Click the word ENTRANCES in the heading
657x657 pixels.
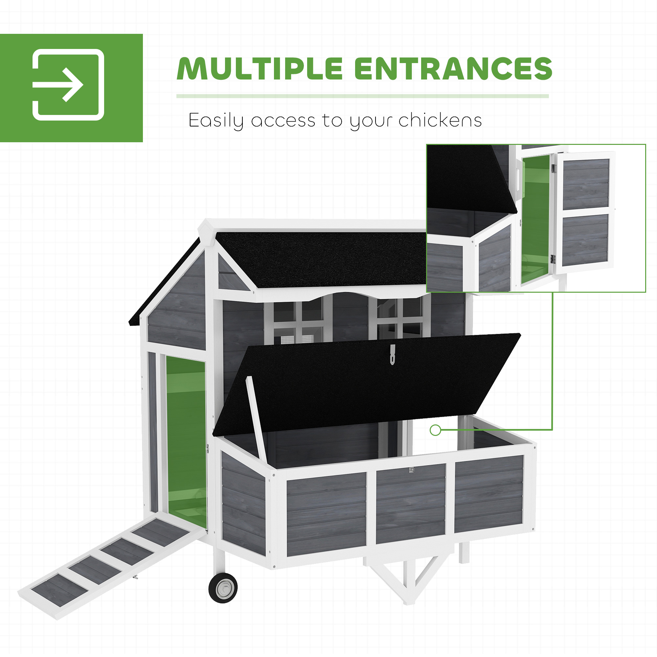tap(453, 69)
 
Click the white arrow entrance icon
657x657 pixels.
tap(68, 85)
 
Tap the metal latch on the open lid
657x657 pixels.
tap(393, 354)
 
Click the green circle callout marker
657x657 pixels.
tap(435, 430)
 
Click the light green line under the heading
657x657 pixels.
tap(362, 96)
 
